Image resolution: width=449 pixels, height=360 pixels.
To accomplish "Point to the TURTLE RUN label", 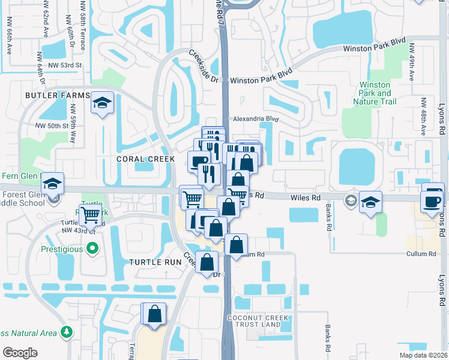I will [x=151, y=262].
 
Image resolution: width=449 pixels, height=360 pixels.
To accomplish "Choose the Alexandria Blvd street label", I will [x=256, y=119].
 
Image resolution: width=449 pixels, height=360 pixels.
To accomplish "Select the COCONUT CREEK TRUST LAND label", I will [x=254, y=320].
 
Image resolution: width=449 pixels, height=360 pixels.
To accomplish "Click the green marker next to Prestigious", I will [x=92, y=248].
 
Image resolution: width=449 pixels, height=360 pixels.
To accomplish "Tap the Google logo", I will [x=20, y=352].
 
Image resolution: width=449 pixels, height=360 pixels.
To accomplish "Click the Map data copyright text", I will [x=423, y=355].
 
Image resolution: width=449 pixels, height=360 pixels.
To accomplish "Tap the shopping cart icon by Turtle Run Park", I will [x=90, y=213].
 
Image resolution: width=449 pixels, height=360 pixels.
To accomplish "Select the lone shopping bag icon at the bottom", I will [x=154, y=314].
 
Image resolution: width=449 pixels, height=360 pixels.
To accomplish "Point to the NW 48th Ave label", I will [x=424, y=117].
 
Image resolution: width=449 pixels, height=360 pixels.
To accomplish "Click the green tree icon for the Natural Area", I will [x=65, y=332].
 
